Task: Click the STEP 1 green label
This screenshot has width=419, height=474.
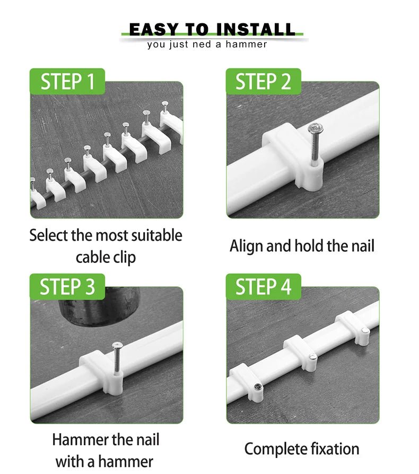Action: [67, 81]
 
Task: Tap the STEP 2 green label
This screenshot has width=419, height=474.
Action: [263, 81]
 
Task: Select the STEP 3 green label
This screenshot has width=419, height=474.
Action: [67, 287]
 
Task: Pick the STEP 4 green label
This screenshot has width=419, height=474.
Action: [263, 287]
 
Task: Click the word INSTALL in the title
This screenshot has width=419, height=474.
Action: [256, 30]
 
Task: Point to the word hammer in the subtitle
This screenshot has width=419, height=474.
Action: [247, 45]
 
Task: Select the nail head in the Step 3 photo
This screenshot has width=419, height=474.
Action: [117, 346]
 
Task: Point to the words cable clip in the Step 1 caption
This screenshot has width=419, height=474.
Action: [106, 258]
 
